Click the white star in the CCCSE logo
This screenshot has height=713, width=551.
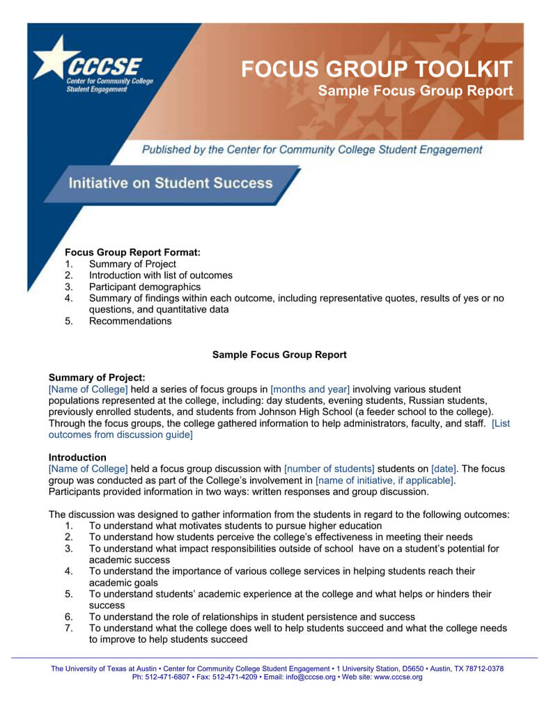tap(53, 60)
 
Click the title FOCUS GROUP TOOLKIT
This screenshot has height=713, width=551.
tap(376, 70)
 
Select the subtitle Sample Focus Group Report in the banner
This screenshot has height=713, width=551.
tap(415, 91)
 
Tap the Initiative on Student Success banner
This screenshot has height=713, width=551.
tap(170, 183)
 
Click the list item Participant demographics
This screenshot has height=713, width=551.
tap(144, 287)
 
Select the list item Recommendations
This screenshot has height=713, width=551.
tap(130, 321)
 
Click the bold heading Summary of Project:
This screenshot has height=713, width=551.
tap(97, 377)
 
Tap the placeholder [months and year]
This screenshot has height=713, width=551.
tap(310, 389)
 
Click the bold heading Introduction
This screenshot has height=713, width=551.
tap(77, 457)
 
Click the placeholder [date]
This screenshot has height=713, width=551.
tap(444, 469)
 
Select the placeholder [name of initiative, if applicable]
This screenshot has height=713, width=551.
tap(385, 480)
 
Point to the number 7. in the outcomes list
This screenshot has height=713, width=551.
tap(69, 628)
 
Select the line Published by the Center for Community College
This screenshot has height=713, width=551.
tap(311, 150)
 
